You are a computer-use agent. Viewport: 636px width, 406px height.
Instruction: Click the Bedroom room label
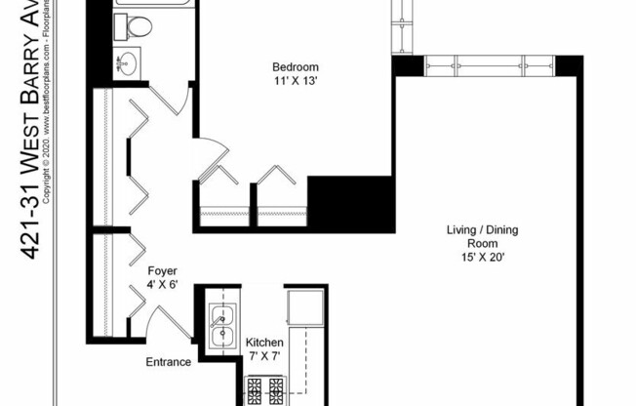click(295, 67)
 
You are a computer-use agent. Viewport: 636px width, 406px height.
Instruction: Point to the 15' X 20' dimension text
click(482, 259)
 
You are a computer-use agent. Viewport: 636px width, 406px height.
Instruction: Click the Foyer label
click(162, 270)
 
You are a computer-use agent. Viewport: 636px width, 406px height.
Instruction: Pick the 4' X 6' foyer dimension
click(162, 285)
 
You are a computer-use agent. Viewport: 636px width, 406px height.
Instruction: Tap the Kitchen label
click(263, 343)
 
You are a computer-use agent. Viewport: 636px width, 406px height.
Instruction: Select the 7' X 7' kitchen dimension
click(263, 357)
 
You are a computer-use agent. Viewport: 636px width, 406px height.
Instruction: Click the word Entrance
click(169, 362)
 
